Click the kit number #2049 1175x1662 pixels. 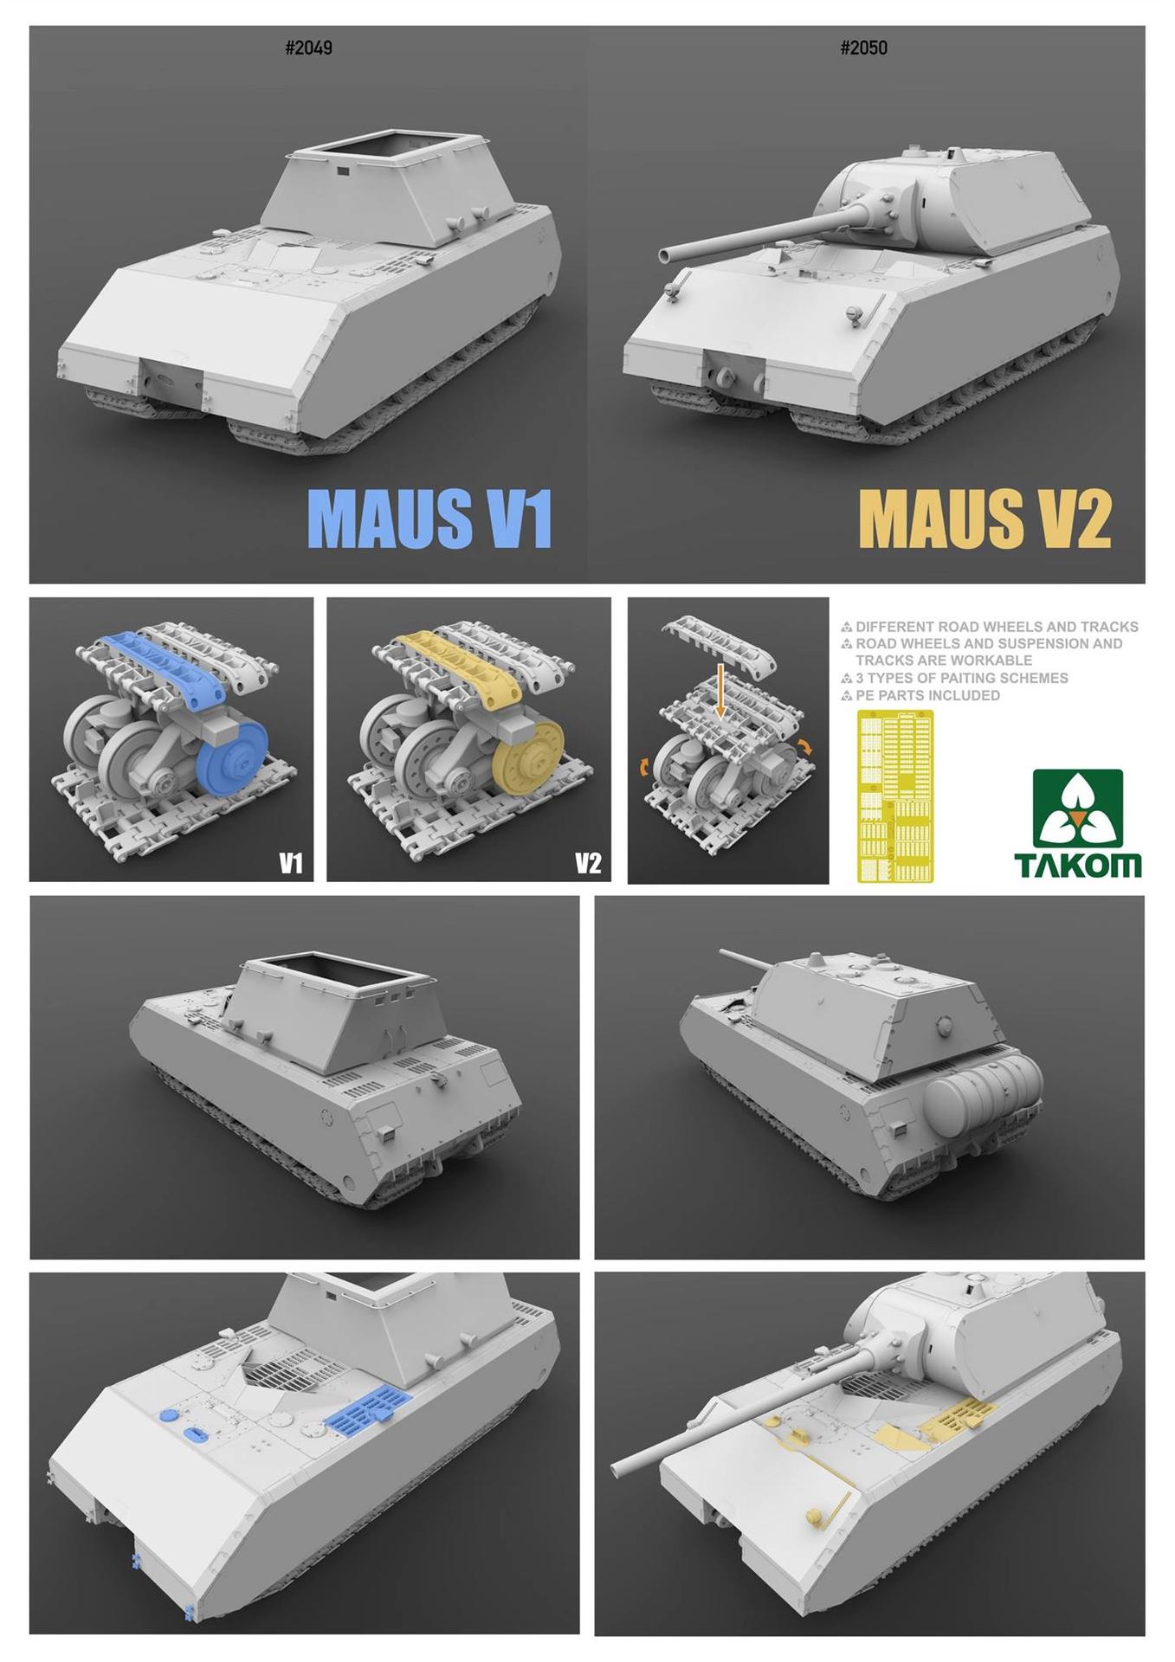[308, 48]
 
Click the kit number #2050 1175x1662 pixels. [863, 48]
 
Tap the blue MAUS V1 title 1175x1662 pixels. [429, 519]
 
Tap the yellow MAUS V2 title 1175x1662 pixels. [985, 519]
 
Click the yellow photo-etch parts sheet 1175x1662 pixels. [895, 796]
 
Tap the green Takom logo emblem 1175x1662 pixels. [1077, 808]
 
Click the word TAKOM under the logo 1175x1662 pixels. [1077, 865]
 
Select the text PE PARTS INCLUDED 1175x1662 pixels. [927, 695]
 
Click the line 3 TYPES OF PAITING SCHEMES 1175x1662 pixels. [962, 678]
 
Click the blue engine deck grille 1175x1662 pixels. [370, 1409]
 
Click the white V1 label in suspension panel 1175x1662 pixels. [291, 863]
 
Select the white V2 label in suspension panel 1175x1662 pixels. [588, 863]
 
